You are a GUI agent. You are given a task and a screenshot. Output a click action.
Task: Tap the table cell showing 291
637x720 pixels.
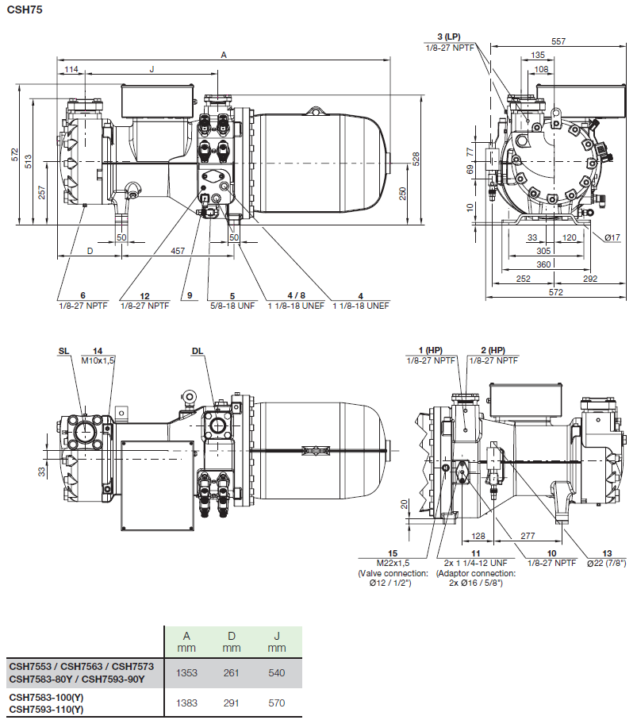click(x=231, y=703)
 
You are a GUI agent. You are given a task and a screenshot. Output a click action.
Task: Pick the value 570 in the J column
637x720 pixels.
click(x=276, y=703)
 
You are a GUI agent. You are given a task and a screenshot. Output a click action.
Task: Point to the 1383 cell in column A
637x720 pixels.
click(x=186, y=703)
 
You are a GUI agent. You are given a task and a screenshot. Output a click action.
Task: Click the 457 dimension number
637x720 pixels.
click(x=178, y=251)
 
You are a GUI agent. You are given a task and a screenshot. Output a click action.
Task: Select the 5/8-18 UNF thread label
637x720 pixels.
click(x=232, y=305)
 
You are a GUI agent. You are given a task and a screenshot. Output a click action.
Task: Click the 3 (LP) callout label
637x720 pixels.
click(x=448, y=37)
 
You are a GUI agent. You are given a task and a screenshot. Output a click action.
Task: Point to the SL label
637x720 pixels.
click(x=63, y=350)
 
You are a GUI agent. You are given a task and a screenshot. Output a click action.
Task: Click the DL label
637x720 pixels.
click(x=197, y=350)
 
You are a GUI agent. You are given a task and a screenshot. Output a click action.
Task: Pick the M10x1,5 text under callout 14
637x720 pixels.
click(x=98, y=360)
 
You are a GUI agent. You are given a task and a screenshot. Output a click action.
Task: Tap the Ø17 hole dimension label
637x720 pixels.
click(x=611, y=237)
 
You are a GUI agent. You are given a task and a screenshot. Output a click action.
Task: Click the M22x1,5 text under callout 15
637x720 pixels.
click(x=393, y=562)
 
